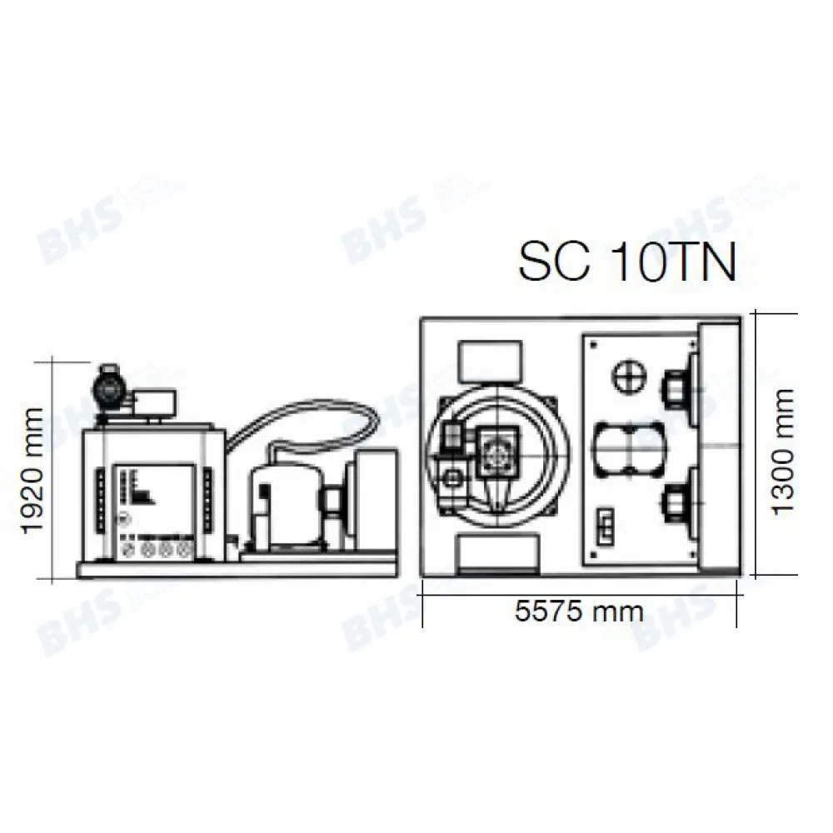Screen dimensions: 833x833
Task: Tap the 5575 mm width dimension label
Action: [579, 611]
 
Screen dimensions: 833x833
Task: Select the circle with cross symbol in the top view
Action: [629, 377]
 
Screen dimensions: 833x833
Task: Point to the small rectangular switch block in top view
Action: [604, 525]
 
